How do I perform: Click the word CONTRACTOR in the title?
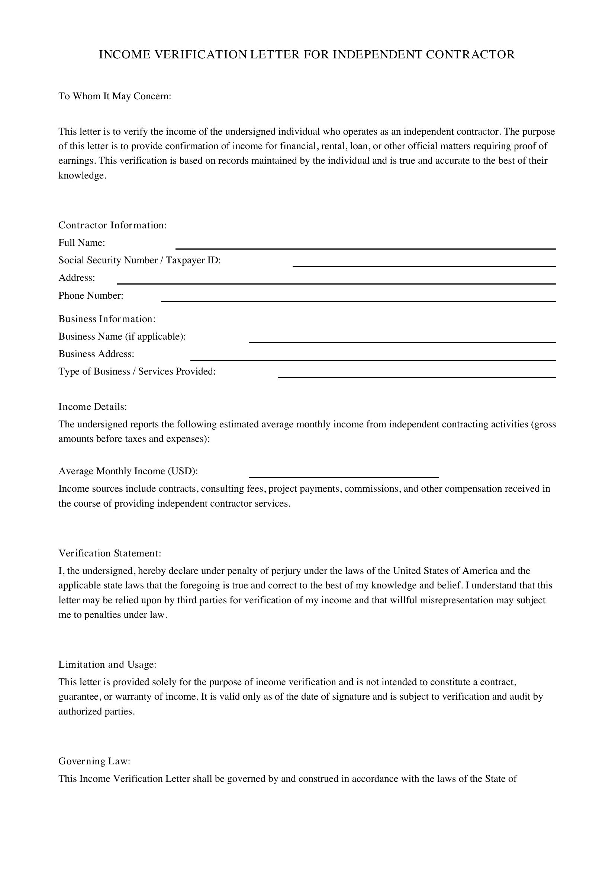[470, 55]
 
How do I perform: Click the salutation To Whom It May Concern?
[115, 96]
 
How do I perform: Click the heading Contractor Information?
[112, 225]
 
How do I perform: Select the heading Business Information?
[107, 319]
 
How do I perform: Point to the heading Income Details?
[93, 407]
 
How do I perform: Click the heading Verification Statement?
[110, 553]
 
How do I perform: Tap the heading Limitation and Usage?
[107, 665]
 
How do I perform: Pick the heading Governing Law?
[94, 761]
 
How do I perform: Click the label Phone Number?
[91, 296]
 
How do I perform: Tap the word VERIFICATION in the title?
[201, 55]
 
